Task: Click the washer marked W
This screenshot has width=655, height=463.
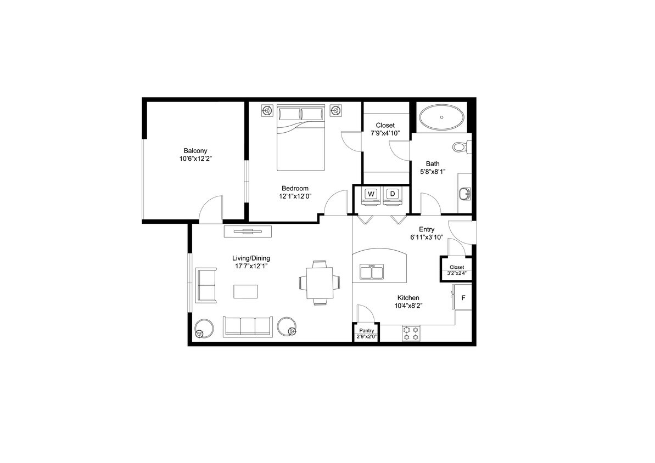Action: (x=371, y=194)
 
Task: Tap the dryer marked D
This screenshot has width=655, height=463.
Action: (x=392, y=194)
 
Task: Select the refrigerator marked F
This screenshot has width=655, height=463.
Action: (x=463, y=298)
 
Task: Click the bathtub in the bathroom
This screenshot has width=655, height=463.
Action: (x=441, y=117)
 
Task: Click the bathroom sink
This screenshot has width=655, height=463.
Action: (x=465, y=193)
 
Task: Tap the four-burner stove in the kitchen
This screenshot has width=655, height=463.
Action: (x=410, y=334)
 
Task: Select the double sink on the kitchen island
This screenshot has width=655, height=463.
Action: (x=372, y=272)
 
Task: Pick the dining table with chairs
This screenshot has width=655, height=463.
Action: (x=319, y=282)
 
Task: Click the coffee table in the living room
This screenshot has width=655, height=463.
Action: (x=245, y=291)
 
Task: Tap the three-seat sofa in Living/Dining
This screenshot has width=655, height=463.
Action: (x=248, y=326)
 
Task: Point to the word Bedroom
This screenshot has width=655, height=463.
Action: (x=295, y=188)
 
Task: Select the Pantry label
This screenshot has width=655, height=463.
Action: (x=366, y=331)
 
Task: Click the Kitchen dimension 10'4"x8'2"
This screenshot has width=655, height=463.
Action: (x=409, y=306)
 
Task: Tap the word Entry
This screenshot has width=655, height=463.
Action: (x=427, y=229)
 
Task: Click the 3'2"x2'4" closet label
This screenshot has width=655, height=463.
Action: (x=456, y=273)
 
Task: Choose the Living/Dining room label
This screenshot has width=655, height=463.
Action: (x=251, y=258)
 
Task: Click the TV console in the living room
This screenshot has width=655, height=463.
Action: (x=248, y=231)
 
